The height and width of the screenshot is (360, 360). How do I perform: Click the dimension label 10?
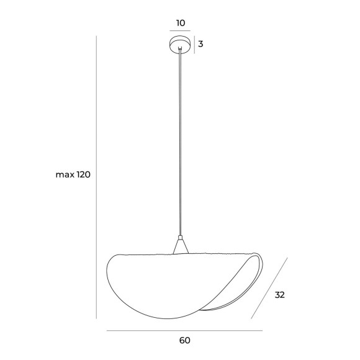[181, 23]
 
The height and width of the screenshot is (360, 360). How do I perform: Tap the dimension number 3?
[200, 44]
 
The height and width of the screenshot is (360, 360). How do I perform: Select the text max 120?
[73, 174]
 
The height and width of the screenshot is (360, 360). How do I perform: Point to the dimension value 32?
[280, 295]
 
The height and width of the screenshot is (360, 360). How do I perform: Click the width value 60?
[184, 340]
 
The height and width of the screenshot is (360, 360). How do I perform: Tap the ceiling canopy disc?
[180, 43]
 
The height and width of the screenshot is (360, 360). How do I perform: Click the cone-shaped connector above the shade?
[181, 247]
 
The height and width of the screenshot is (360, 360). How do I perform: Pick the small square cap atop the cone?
[181, 238]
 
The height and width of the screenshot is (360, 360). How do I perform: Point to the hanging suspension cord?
[180, 142]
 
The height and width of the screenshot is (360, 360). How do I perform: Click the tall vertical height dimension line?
[96, 178]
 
